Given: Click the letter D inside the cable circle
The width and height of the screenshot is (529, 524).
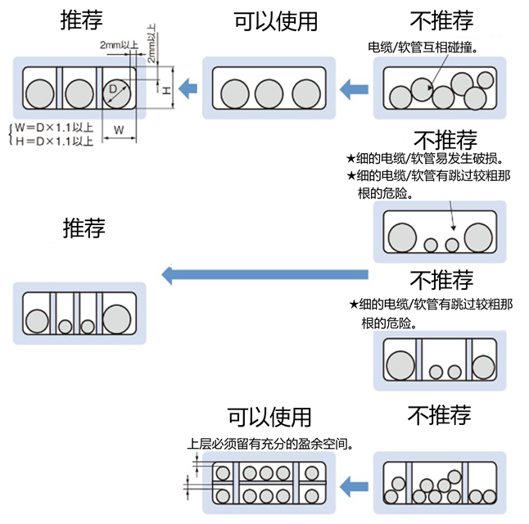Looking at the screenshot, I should [x=112, y=88].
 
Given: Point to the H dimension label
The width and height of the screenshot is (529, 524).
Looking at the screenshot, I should [x=166, y=90].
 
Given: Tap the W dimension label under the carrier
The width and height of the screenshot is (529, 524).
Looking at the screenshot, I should [x=119, y=129].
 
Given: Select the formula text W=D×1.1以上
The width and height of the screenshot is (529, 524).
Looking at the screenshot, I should [x=54, y=128].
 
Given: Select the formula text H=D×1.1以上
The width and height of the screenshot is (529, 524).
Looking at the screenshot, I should [x=54, y=141].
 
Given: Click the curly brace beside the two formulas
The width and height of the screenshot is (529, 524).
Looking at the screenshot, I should [x=10, y=134].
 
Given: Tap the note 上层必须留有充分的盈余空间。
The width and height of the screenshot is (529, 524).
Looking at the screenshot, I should [x=271, y=445].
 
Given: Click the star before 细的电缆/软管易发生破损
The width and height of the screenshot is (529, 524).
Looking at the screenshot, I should [x=350, y=158].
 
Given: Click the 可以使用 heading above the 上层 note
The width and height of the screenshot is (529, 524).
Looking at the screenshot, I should [x=269, y=417].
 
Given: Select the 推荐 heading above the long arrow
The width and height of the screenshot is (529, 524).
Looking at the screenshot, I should [x=84, y=227].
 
